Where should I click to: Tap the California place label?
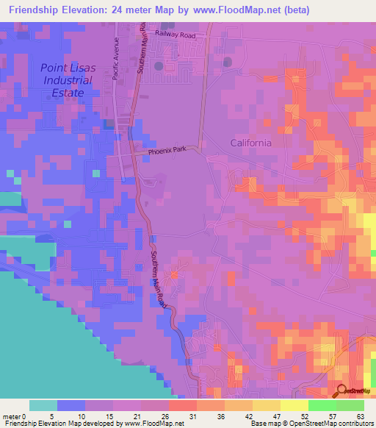[x=250, y=143]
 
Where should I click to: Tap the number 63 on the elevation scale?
[x=361, y=415]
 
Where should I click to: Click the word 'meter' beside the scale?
[x=12, y=415]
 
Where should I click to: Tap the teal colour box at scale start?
[x=43, y=405]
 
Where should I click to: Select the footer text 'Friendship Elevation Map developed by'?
[x=62, y=424]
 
